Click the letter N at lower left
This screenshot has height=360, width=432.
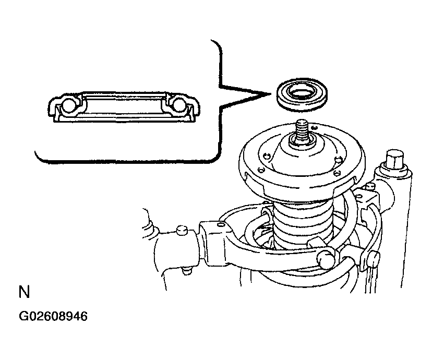(24, 292)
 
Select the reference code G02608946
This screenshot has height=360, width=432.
(53, 316)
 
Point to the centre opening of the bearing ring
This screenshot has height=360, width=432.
(301, 93)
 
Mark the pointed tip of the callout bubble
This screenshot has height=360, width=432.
(271, 94)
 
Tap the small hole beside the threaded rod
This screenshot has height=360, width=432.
(315, 128)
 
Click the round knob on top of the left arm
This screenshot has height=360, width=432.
(182, 230)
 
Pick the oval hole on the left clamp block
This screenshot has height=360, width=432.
(221, 225)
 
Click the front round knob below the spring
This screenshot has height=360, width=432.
(326, 259)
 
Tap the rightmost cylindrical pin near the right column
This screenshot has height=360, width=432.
(374, 258)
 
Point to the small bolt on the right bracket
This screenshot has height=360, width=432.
(370, 187)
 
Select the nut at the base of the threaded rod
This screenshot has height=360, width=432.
(302, 140)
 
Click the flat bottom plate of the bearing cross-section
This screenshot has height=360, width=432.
(125, 119)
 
